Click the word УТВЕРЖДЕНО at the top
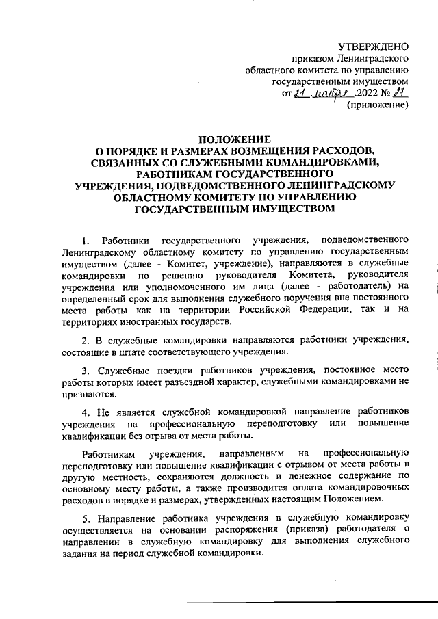point(375,46)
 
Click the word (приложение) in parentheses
point(378,106)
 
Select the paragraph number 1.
point(84,241)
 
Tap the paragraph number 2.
point(84,341)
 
